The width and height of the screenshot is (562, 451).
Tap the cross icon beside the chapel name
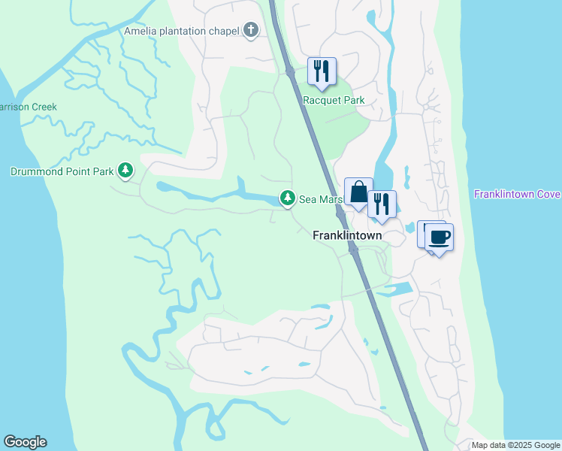coord(251,31)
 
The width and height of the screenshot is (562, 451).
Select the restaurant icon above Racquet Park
coord(322,71)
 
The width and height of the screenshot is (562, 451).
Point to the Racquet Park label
coord(334,100)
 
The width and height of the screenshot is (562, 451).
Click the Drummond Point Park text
coord(62,171)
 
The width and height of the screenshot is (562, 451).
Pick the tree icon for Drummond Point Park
coord(126,171)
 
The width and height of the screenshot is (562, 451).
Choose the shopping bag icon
coord(358,192)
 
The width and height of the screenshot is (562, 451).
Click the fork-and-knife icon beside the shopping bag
coord(382,204)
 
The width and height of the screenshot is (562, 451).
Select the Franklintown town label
coord(347,235)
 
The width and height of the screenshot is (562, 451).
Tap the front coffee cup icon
coord(440,238)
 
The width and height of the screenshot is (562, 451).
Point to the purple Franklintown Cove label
coord(517,195)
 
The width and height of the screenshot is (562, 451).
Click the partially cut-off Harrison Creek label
coord(28,107)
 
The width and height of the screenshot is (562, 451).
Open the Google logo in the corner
coord(25,442)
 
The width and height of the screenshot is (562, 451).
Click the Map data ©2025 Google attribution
coord(515,445)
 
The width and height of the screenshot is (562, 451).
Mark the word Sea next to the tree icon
coord(308,198)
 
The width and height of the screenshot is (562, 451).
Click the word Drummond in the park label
coord(35,171)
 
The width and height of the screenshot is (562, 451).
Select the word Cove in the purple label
coord(546,195)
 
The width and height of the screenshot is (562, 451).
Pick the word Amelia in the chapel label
coord(141,31)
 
